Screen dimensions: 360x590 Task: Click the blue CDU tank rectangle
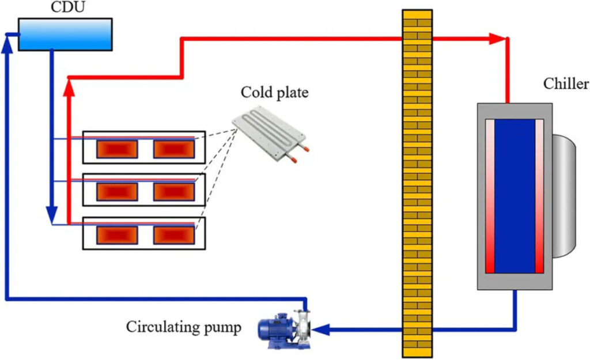(65, 34)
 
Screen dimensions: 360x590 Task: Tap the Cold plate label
(274, 92)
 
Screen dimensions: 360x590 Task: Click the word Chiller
(566, 85)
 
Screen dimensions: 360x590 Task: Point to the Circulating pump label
(184, 328)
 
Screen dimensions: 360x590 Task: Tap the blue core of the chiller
(515, 196)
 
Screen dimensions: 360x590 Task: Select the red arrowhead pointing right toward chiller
(497, 39)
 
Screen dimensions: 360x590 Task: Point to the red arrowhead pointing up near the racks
(69, 86)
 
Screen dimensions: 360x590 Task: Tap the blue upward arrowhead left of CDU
(6, 46)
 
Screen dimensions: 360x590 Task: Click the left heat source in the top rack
(117, 149)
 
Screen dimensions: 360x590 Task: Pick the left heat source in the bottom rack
(117, 234)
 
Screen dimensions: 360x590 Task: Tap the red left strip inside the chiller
(489, 196)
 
